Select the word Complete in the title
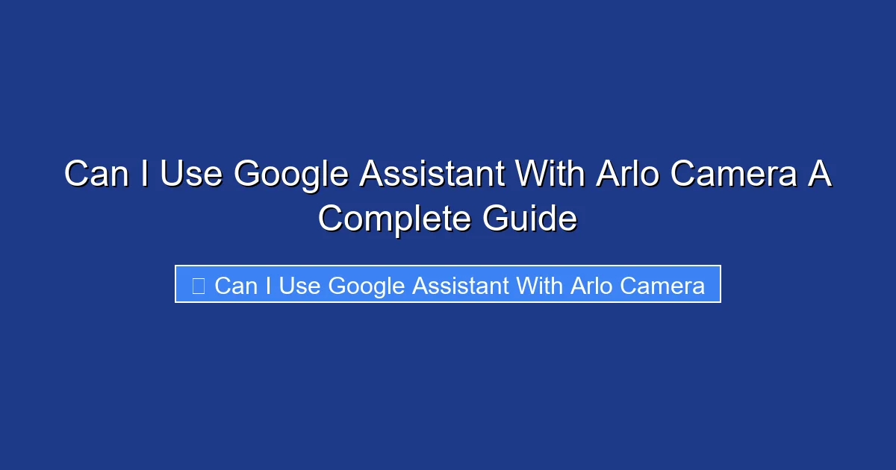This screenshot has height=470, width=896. (x=394, y=219)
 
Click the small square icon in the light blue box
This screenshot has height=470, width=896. (x=198, y=286)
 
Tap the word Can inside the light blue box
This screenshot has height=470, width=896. (x=235, y=286)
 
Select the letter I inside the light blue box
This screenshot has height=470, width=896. (x=267, y=286)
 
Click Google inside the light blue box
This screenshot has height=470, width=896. (x=366, y=286)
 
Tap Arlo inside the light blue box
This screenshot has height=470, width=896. (x=591, y=286)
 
